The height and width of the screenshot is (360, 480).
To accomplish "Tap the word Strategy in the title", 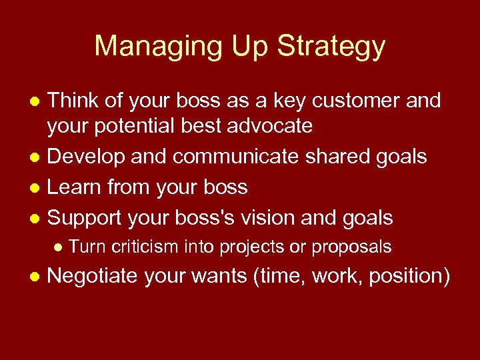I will pyautogui.click(x=331, y=46).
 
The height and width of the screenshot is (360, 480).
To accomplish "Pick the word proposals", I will pyautogui.click(x=351, y=247).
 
